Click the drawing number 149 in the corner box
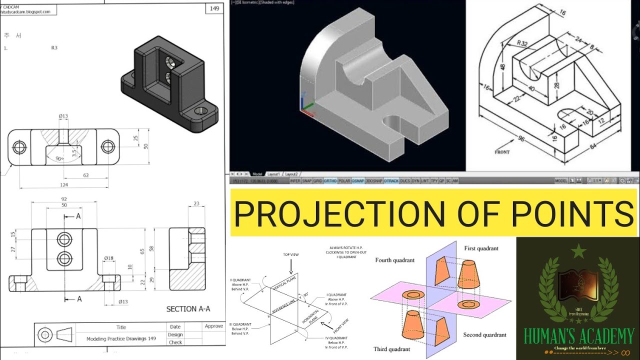pyautogui.click(x=214, y=9)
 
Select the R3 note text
pyautogui.click(x=54, y=48)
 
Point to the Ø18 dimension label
pyautogui.click(x=108, y=258)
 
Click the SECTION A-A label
pyautogui.click(x=188, y=309)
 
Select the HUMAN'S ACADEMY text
pyautogui.click(x=578, y=336)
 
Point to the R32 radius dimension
pyautogui.click(x=522, y=43)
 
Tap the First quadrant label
pyautogui.click(x=481, y=248)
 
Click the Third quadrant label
pyautogui.click(x=391, y=349)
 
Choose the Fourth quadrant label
pyautogui.click(x=395, y=260)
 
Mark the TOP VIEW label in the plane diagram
pyautogui.click(x=290, y=254)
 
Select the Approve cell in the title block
pyautogui.click(x=213, y=326)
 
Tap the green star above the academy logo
pyautogui.click(x=578, y=251)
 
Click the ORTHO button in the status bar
pyautogui.click(x=330, y=180)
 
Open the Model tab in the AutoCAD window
pyautogui.click(x=257, y=174)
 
